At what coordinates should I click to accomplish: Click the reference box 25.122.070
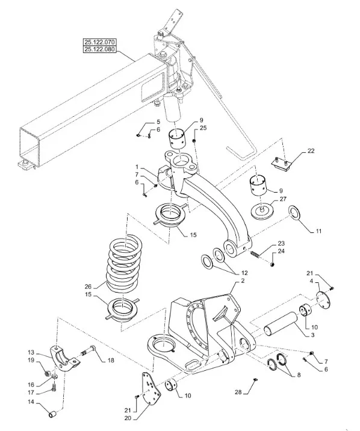(x=100, y=42)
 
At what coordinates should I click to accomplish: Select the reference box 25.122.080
(x=100, y=49)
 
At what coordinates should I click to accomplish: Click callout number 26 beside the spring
(x=88, y=287)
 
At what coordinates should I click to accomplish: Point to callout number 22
(x=311, y=151)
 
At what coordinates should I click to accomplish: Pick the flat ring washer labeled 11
(x=294, y=212)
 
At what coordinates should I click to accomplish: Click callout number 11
(x=318, y=231)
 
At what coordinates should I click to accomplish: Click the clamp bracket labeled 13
(x=66, y=359)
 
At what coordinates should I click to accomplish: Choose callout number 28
(x=238, y=392)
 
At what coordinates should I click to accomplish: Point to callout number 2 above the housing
(x=243, y=281)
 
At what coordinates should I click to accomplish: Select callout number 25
(x=203, y=128)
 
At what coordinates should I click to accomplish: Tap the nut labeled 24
(x=272, y=265)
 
